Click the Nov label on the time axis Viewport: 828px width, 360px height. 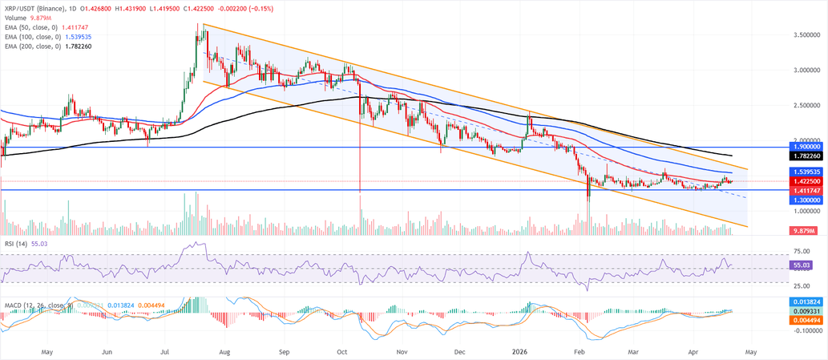point(402,351)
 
